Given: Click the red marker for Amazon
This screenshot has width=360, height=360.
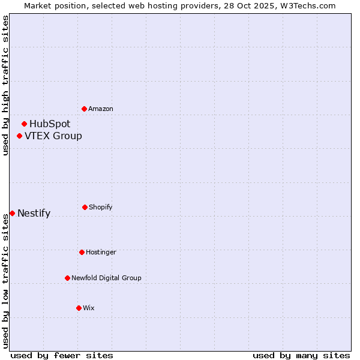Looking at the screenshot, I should [84, 109].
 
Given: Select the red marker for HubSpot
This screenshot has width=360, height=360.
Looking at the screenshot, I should [24, 124].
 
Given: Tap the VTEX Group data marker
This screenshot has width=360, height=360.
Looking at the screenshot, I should [19, 136].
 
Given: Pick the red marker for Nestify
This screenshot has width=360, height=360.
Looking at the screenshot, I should [12, 213].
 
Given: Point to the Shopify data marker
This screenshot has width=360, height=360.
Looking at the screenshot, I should [85, 207].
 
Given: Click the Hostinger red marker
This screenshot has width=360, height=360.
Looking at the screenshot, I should [82, 252].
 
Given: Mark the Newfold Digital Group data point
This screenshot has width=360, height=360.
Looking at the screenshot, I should [67, 278].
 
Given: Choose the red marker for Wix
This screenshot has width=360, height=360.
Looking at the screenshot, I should [79, 308].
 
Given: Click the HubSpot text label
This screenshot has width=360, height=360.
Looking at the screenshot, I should [50, 124].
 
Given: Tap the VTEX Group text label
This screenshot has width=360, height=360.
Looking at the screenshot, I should [53, 136].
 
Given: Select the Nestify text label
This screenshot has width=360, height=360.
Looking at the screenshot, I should [34, 214].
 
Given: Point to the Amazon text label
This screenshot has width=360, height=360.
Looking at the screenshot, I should [101, 109].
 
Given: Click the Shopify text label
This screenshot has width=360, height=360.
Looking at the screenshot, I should [101, 208].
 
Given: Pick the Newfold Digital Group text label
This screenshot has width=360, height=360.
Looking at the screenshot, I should [106, 278].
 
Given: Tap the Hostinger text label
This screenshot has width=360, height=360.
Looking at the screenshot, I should [101, 253].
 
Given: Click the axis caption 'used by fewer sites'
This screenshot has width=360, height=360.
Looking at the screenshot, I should [62, 355].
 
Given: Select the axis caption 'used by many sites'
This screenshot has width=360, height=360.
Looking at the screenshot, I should [301, 355].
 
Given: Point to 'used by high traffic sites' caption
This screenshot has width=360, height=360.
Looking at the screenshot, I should [5, 85].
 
